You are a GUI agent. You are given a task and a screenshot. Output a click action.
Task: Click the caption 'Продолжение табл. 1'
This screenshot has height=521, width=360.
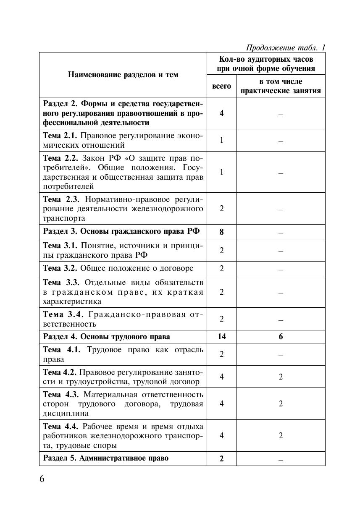coord(285,47)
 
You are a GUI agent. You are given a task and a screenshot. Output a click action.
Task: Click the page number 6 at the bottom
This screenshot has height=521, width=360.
coord(42,479)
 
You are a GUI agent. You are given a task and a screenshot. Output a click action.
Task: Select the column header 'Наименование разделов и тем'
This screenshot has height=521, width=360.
coord(123,75)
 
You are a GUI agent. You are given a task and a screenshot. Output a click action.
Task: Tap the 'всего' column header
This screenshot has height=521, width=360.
coord(221,86)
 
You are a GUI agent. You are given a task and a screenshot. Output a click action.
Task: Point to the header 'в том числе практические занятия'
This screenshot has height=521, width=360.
coord(281,86)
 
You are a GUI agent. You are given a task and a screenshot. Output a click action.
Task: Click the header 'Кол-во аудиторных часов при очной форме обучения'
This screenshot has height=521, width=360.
coord(265,63)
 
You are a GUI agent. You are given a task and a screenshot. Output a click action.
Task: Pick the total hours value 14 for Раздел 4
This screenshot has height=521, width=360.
coord(221,337)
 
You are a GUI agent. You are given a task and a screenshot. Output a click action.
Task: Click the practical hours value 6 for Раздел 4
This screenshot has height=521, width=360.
coord(281,337)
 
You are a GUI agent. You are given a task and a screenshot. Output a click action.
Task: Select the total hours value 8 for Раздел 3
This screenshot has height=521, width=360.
coord(221,232)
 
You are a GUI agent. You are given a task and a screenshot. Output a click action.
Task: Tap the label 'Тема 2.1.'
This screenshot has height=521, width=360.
coord(60,136)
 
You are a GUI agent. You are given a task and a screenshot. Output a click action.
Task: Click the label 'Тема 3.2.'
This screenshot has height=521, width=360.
coord(60,268)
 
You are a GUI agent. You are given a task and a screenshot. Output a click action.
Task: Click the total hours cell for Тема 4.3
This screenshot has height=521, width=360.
coord(221,403)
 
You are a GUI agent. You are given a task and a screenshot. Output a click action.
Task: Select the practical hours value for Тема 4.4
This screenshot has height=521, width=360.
coord(281,435)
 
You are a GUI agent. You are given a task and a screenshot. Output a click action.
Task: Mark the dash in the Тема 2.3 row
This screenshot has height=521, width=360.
coord(281,209)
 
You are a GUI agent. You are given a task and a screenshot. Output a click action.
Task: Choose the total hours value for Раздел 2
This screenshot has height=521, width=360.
coord(221,113)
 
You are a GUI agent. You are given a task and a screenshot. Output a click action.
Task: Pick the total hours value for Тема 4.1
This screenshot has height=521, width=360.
coord(221,354)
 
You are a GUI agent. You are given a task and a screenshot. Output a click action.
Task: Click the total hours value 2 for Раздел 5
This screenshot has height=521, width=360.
coord(221,458)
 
